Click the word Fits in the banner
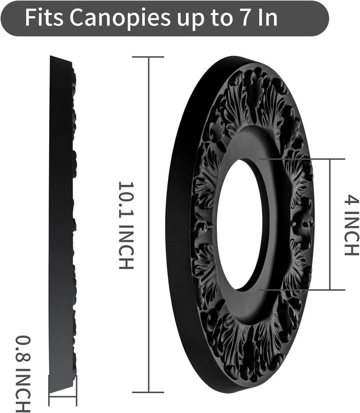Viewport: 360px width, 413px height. coord(44,18)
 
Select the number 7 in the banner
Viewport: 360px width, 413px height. coord(246,18)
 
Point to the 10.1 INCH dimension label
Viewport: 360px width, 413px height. coord(126,225)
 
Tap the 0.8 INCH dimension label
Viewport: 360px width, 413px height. coord(23,374)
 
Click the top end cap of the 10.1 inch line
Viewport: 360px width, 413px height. coord(148,57)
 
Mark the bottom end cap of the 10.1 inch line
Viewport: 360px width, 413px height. coord(148,392)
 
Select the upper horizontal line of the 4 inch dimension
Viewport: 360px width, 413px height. coord(302,159)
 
